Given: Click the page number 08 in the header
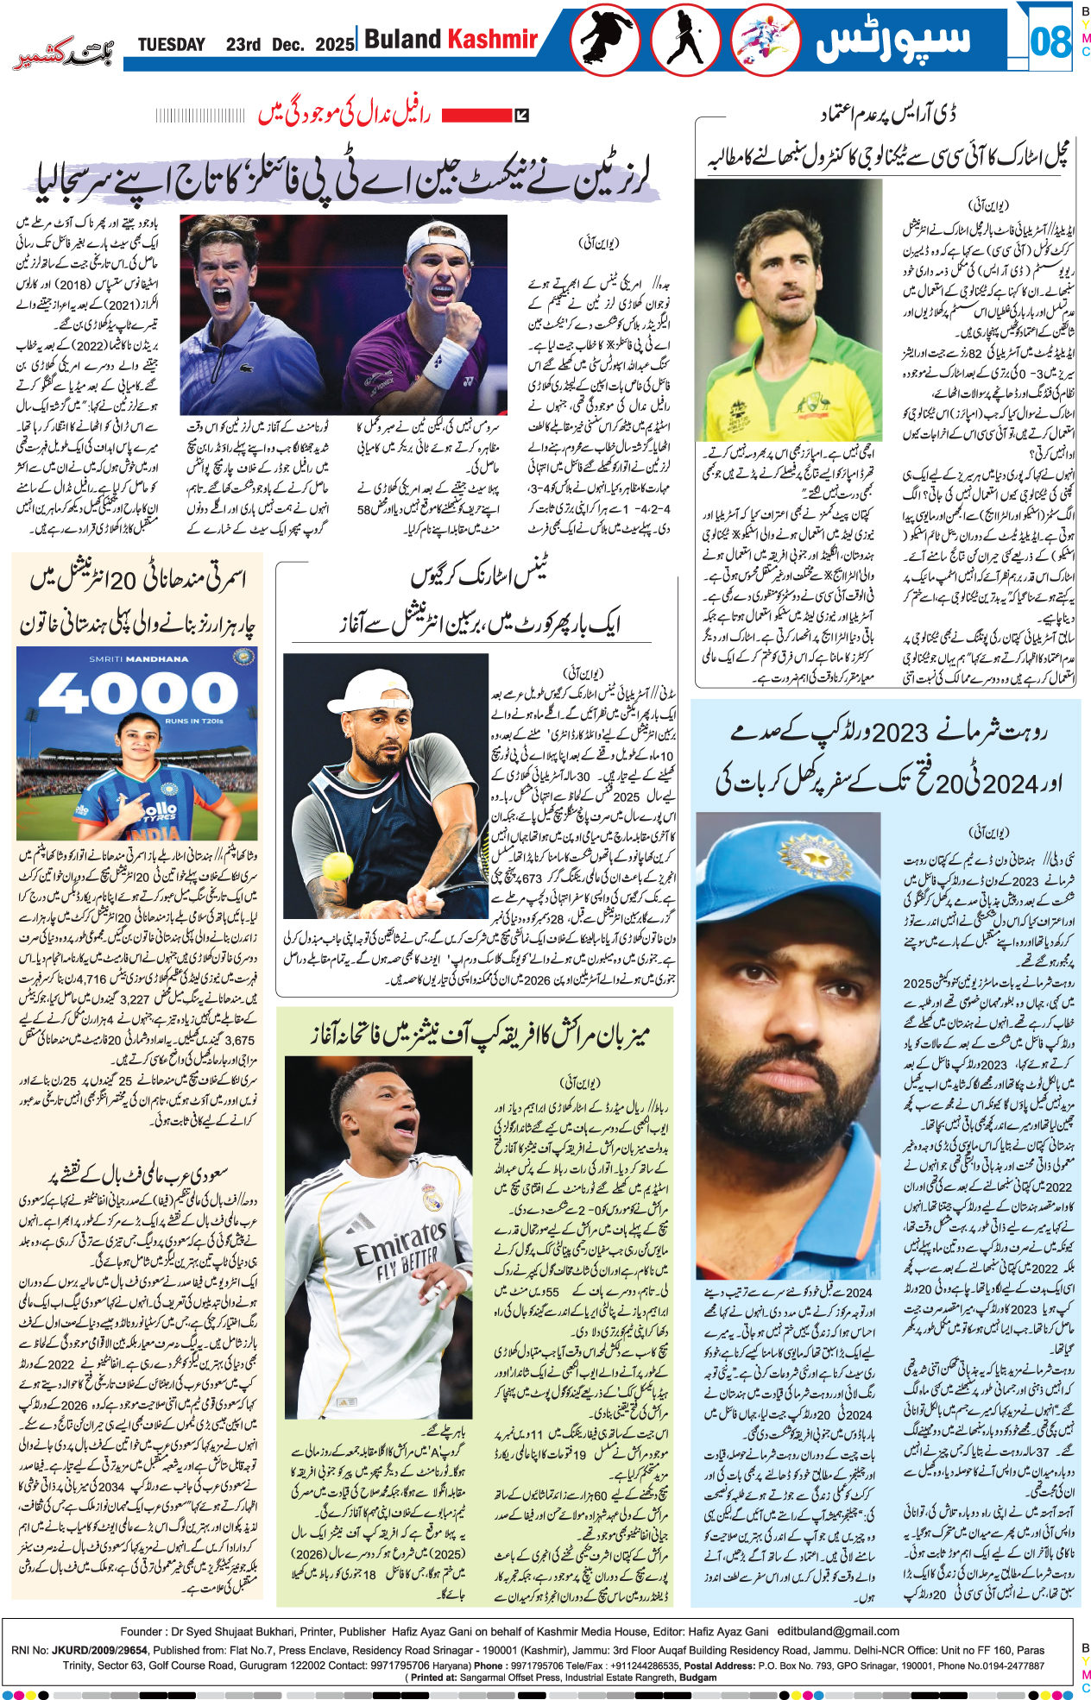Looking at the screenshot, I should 1050,41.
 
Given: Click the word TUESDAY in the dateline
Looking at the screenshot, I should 171,45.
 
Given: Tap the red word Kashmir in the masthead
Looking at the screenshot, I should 492,39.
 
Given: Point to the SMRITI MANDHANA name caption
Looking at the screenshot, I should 138,659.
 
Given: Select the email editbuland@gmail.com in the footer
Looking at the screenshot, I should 838,1631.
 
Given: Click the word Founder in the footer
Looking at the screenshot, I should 142,1631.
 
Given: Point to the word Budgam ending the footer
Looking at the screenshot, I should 697,1678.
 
